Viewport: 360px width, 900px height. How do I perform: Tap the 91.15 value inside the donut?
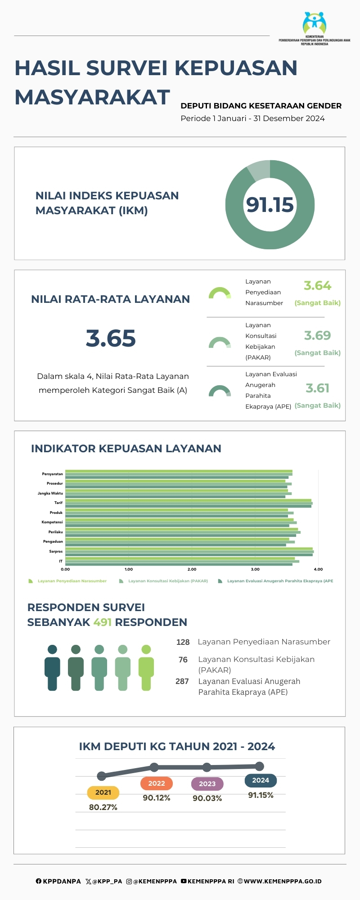click(x=270, y=205)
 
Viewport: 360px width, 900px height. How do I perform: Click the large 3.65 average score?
click(x=111, y=338)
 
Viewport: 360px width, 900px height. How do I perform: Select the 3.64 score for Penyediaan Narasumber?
click(x=317, y=286)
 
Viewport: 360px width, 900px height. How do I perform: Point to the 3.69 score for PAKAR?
click(x=317, y=336)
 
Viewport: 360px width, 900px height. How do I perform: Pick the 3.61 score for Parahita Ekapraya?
click(x=317, y=388)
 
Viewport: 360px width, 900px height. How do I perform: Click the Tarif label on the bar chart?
click(x=58, y=503)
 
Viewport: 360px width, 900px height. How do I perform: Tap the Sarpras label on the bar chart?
click(x=56, y=551)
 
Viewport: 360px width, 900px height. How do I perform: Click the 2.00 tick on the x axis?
click(x=192, y=569)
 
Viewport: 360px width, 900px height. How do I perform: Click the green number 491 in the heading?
click(x=102, y=622)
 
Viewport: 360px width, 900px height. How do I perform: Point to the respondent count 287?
click(x=182, y=681)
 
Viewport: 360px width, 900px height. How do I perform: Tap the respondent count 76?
click(x=183, y=660)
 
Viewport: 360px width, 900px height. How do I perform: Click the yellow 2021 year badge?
click(x=103, y=792)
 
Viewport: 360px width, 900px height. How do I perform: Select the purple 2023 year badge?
click(x=207, y=784)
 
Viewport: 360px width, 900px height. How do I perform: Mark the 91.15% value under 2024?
click(x=261, y=795)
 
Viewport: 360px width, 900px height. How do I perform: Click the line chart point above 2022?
click(x=154, y=767)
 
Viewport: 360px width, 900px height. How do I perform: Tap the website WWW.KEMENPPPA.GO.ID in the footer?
click(x=282, y=881)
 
